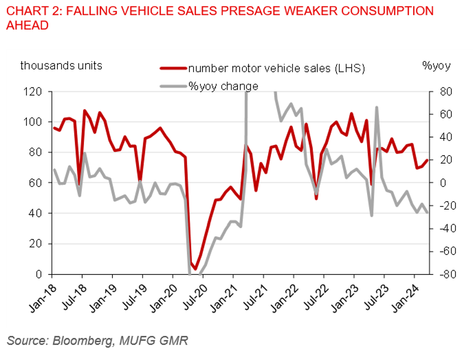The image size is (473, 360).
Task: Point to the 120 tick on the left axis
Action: point(37,92)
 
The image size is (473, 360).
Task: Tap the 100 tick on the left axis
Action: point(37,122)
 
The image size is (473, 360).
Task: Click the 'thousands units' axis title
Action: point(61,65)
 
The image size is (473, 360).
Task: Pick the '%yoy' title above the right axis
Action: point(436,66)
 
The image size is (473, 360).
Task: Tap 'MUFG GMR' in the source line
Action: point(155,341)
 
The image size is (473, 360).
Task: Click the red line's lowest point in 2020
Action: point(196,268)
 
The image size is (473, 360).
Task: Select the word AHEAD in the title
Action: point(27,25)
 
